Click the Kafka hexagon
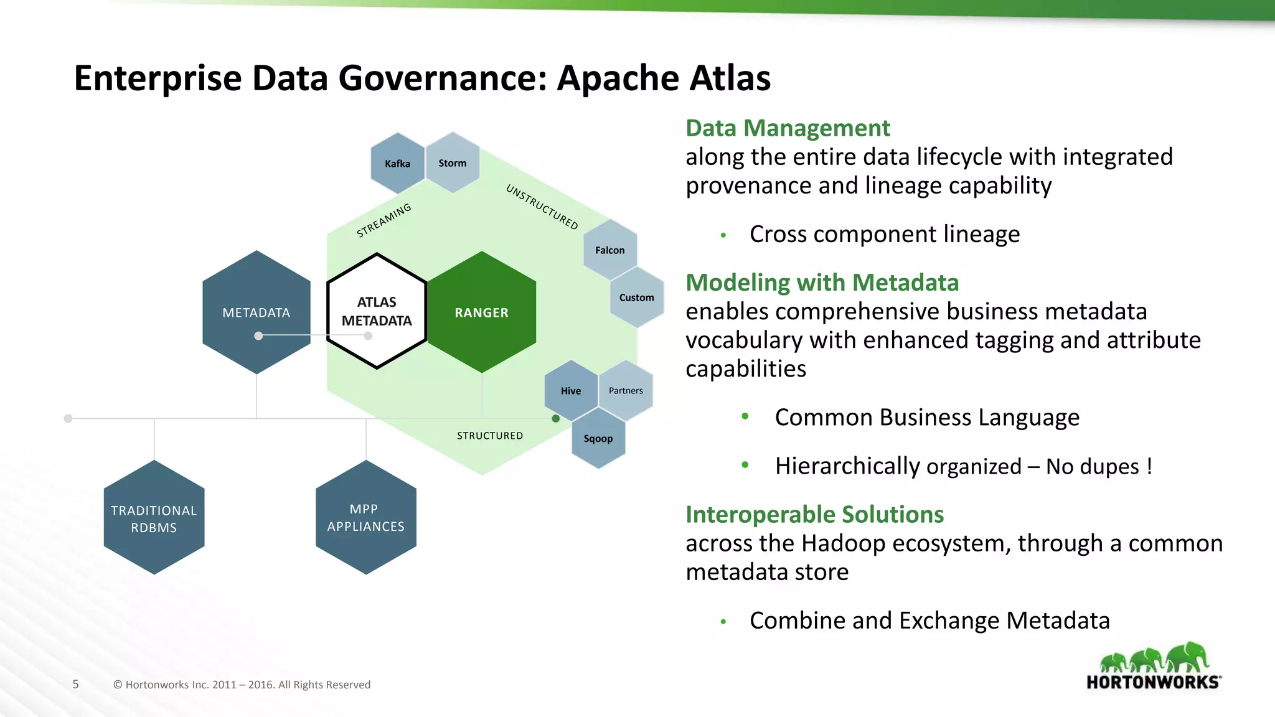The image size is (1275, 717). coord(397,163)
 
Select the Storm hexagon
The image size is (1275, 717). coord(453,162)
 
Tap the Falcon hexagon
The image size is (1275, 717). coord(610,250)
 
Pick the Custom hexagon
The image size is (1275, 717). coord(637,298)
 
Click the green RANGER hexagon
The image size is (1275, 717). coord(482,312)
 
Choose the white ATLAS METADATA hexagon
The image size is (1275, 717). coord(377,311)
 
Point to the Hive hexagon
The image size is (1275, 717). coord(571,390)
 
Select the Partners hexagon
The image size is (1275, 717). coord(626,390)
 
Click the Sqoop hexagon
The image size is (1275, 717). coord(598,438)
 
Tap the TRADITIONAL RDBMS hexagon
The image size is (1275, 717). coord(154,518)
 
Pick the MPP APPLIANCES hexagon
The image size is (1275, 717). coord(366,517)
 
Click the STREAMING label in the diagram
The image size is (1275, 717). coord(384,220)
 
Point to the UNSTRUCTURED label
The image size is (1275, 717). coord(542,207)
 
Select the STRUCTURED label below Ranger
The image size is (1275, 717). coord(490,436)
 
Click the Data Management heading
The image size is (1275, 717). coord(788,128)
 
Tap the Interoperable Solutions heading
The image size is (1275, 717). coord(814,515)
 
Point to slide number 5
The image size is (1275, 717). coord(76,684)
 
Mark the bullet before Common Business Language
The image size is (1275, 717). coord(745,416)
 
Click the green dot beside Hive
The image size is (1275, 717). coord(556,418)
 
